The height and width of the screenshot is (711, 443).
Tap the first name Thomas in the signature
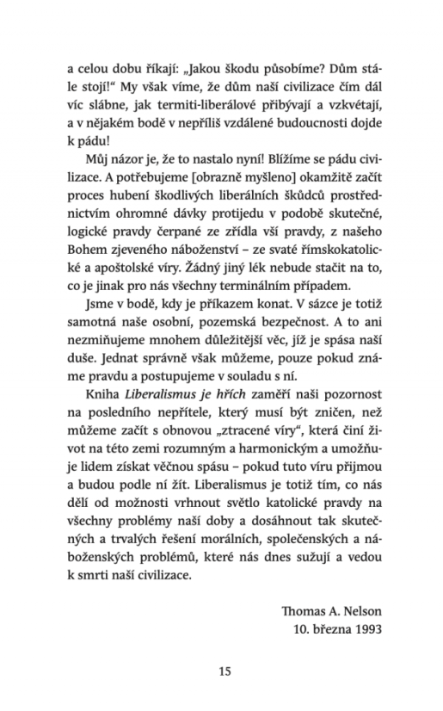pyautogui.click(x=304, y=610)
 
